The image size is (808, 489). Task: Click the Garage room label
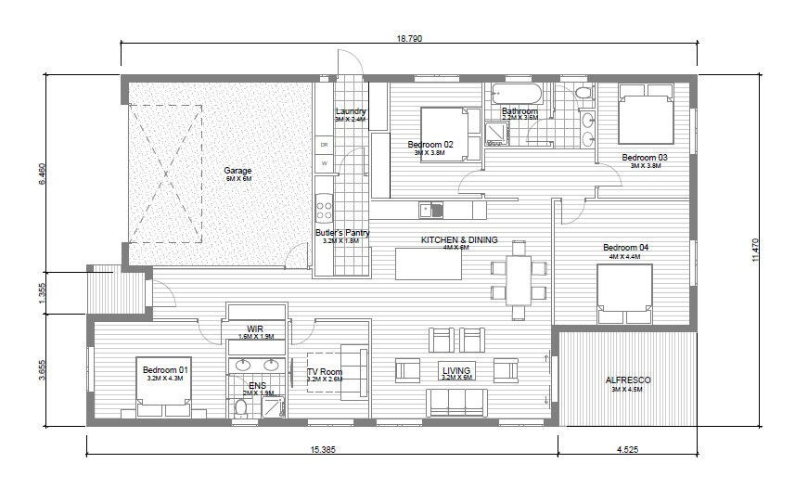pyautogui.click(x=237, y=171)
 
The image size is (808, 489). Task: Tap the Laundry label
pyautogui.click(x=351, y=112)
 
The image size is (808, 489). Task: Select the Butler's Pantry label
pyautogui.click(x=341, y=233)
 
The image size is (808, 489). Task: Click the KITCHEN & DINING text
pyautogui.click(x=459, y=240)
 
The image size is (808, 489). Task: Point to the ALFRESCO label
pyautogui.click(x=628, y=380)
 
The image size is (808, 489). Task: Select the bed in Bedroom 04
pyautogui.click(x=624, y=294)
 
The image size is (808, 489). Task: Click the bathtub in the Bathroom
pyautogui.click(x=515, y=94)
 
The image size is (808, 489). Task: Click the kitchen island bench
pyautogui.click(x=429, y=263)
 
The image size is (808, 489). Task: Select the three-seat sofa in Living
pyautogui.click(x=456, y=402)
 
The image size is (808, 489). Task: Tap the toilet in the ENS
pyautogui.click(x=241, y=405)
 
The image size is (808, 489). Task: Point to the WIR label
pyautogui.click(x=256, y=329)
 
